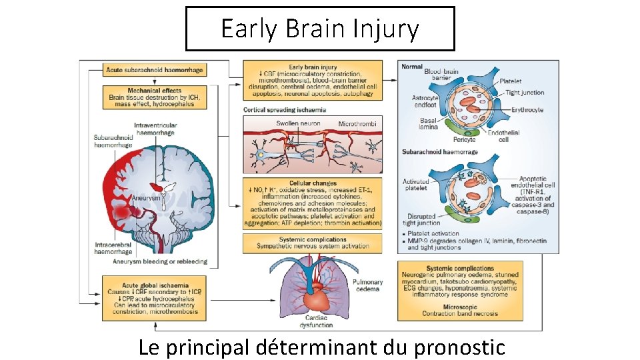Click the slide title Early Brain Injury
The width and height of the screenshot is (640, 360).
(x=320, y=29)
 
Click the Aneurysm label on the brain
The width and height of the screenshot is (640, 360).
(x=147, y=198)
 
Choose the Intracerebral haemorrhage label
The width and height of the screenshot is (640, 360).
(x=113, y=249)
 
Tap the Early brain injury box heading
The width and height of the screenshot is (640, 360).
(x=313, y=67)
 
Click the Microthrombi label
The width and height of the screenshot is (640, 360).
(x=357, y=124)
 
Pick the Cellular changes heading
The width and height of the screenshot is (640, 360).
(x=313, y=183)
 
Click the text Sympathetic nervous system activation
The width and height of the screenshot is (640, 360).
(x=313, y=246)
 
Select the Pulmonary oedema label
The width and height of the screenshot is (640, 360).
(x=367, y=285)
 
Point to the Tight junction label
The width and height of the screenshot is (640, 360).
(x=524, y=93)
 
